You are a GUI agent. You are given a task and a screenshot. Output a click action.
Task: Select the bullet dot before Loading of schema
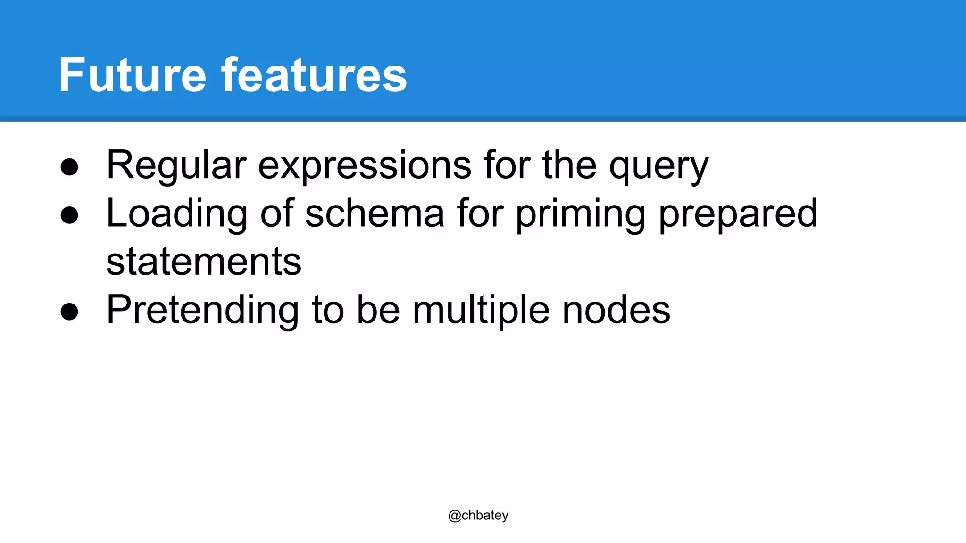[69, 215]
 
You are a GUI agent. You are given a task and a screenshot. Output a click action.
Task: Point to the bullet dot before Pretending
[69, 311]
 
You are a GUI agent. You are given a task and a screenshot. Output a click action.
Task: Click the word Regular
[176, 166]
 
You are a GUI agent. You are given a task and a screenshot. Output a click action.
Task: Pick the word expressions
[365, 166]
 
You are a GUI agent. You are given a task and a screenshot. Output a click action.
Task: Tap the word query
[658, 166]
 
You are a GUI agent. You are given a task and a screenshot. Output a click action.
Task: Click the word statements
[204, 262]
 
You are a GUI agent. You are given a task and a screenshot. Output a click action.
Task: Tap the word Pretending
[202, 311]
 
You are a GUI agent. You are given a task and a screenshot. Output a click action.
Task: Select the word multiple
[481, 311]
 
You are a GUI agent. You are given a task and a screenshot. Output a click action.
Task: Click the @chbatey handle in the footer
[478, 515]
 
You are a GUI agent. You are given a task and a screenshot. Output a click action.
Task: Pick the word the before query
[569, 166]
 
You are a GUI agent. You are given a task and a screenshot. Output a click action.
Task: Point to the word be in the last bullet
[378, 311]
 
